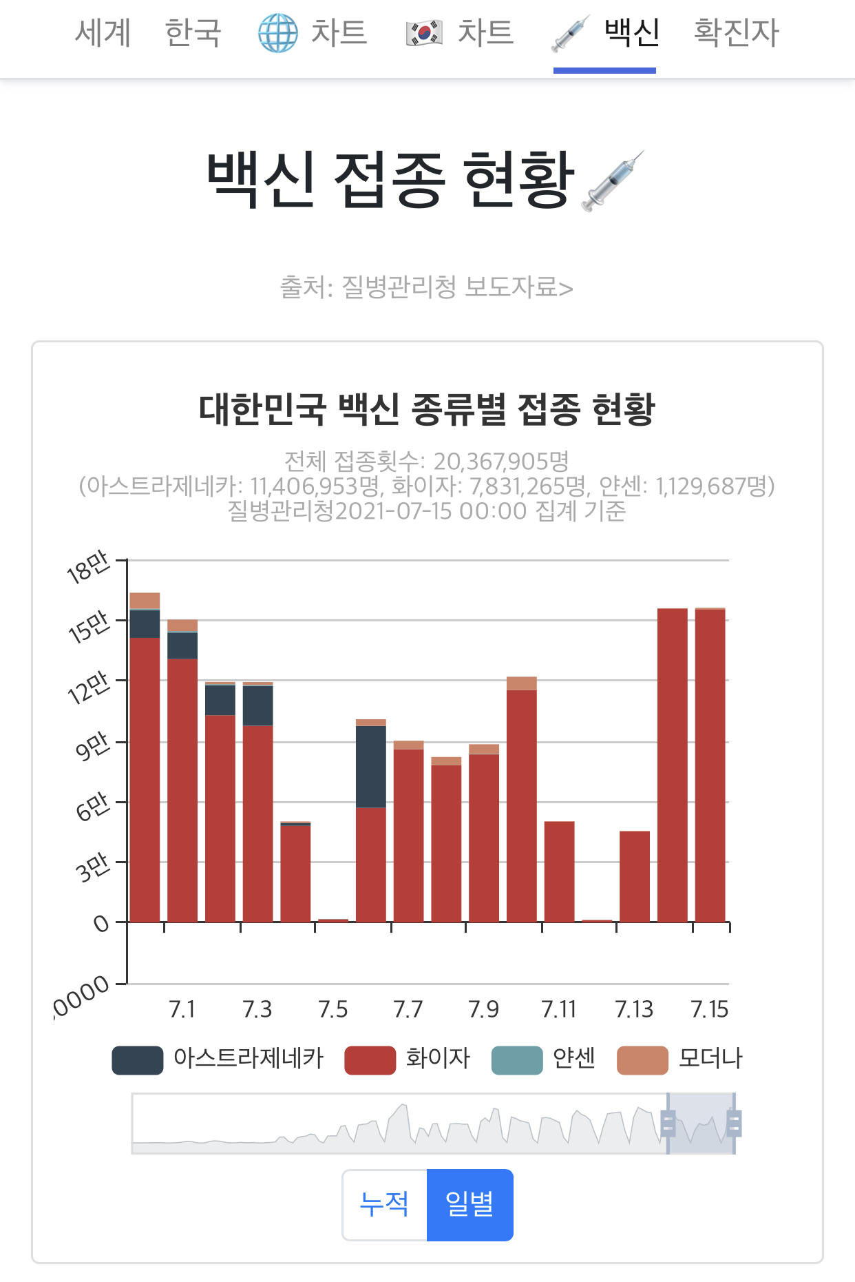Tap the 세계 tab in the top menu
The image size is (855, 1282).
[x=103, y=32]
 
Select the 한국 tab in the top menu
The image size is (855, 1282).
[x=193, y=32]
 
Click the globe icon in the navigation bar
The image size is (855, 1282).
[x=278, y=33]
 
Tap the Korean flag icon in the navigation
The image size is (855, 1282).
[x=424, y=33]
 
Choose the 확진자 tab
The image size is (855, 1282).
[x=736, y=32]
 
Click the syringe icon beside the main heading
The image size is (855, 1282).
[x=613, y=180]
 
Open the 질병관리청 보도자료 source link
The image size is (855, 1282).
[x=426, y=287]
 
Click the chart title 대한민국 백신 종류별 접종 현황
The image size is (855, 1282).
[x=427, y=409]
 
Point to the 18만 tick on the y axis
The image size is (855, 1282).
[x=88, y=567]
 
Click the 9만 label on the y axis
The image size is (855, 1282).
[x=93, y=746]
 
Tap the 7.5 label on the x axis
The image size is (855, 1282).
[x=333, y=1009]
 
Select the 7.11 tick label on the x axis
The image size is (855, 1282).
[x=558, y=1009]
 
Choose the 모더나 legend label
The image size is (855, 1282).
[x=710, y=1058]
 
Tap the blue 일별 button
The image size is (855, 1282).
[x=470, y=1205]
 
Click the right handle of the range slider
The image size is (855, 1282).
[x=734, y=1124]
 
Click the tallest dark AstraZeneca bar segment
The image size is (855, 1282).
[x=371, y=767]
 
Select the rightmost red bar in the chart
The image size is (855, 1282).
[x=710, y=765]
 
